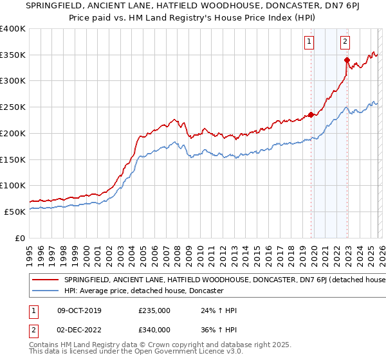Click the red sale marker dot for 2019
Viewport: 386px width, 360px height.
tap(311, 115)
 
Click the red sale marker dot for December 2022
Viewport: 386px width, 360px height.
tap(347, 60)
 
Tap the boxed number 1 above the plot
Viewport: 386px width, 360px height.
tap(309, 42)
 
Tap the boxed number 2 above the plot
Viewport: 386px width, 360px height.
tap(345, 42)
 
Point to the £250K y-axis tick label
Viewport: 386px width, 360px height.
tap(13, 107)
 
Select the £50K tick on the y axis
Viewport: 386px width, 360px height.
tap(15, 212)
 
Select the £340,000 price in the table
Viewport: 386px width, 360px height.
tap(154, 329)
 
